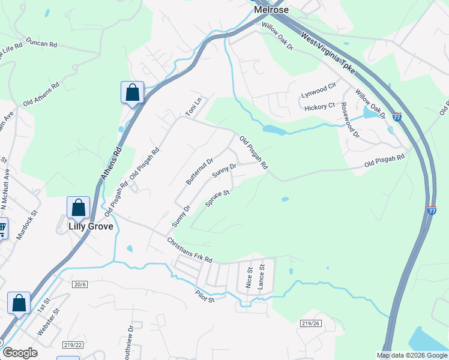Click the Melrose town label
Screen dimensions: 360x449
[271, 10]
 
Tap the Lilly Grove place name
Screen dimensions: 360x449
[91, 226]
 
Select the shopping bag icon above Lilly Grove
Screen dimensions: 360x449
[79, 208]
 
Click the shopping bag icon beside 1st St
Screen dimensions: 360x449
[19, 304]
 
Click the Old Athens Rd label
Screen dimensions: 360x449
[41, 95]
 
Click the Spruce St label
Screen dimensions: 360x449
[218, 199]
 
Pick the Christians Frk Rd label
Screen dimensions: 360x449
[190, 250]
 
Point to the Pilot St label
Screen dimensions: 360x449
[204, 296]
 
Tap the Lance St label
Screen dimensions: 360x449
[261, 277]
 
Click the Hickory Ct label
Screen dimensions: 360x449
[319, 106]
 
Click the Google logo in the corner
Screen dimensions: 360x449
[20, 353]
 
